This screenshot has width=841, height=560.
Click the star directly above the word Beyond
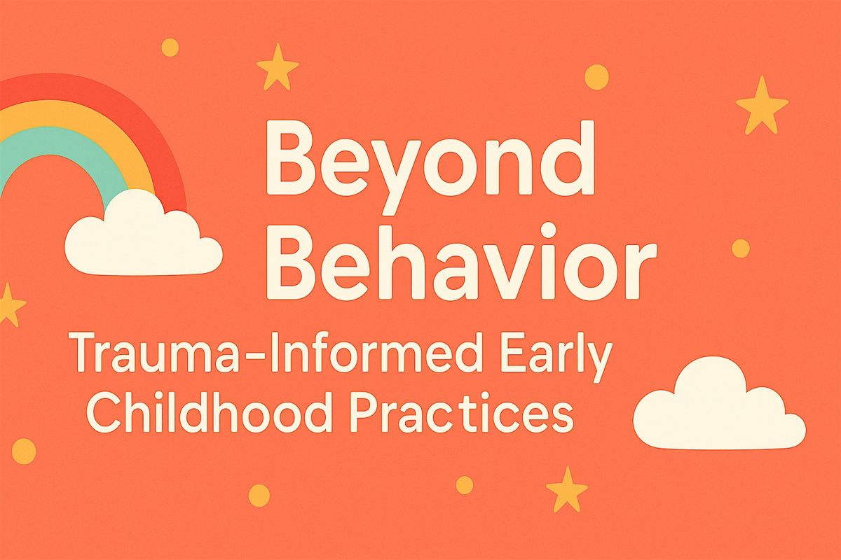pyautogui.click(x=278, y=66)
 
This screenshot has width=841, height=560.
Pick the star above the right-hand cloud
pyautogui.click(x=762, y=106)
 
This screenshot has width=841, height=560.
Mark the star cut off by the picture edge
pyautogui.click(x=8, y=304)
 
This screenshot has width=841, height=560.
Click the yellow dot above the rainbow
pyautogui.click(x=170, y=47)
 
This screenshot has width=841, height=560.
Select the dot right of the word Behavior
pyautogui.click(x=740, y=248)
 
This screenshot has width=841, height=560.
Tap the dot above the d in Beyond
pyautogui.click(x=596, y=76)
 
